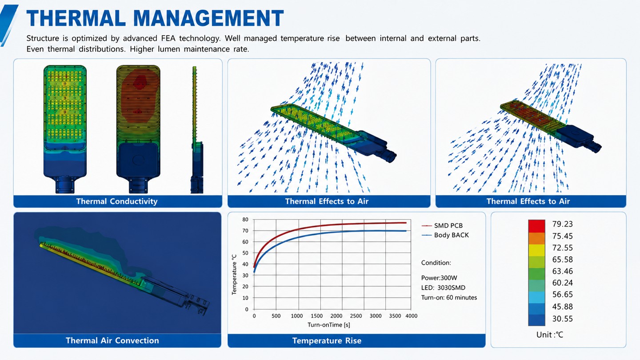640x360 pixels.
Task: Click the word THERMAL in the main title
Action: pos(76,18)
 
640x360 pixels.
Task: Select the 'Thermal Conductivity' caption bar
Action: pos(118,201)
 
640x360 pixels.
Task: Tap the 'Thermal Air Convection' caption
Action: pos(112,340)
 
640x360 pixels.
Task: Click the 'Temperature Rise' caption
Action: pos(327,340)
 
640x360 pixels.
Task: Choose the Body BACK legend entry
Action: pos(445,235)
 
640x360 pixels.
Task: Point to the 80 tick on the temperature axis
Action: pos(245,220)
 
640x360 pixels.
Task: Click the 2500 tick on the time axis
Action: pos(356,316)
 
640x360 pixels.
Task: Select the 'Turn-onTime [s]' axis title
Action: pos(329,325)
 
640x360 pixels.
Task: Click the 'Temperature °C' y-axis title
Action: pos(234,274)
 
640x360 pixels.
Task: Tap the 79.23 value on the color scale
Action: pos(563,224)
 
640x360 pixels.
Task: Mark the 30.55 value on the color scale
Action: pos(563,319)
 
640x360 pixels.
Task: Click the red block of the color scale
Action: pos(536,226)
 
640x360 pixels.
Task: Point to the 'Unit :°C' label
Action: pos(550,335)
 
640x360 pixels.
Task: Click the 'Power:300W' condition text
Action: pos(439,278)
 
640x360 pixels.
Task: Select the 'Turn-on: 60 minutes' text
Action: pos(449,297)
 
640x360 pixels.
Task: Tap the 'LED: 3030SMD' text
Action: pos(443,288)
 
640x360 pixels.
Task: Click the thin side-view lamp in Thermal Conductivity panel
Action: pos(196,130)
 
